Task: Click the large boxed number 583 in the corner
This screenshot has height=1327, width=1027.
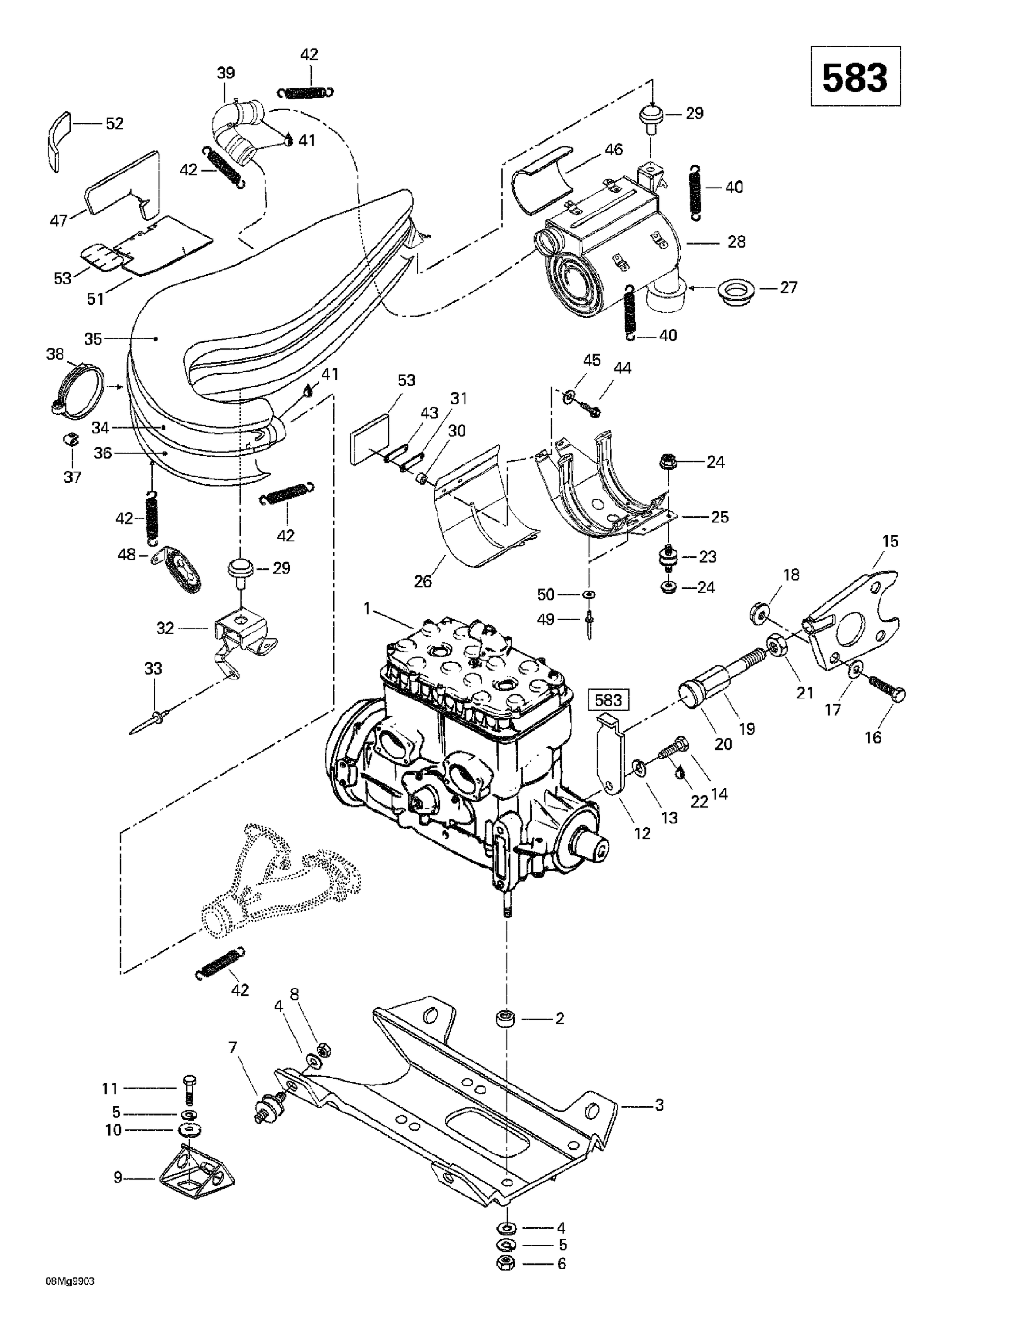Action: (855, 77)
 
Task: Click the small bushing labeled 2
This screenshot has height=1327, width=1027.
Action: (504, 1018)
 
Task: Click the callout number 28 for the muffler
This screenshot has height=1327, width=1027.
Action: (737, 242)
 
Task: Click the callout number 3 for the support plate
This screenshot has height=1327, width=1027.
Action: (659, 1105)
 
